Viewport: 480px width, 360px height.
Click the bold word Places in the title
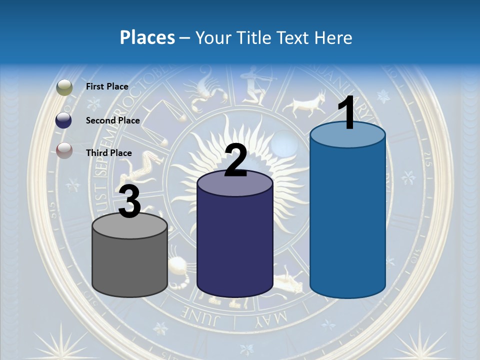[147, 37]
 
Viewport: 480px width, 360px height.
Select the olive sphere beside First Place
[64, 87]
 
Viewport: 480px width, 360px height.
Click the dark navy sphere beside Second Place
[64, 120]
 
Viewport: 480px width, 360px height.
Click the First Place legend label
[107, 86]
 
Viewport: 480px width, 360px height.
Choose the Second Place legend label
[112, 120]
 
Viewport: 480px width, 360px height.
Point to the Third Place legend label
[108, 152]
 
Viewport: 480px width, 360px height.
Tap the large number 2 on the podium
[236, 161]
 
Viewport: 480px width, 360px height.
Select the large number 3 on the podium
[129, 202]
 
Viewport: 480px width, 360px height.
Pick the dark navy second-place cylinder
[234, 240]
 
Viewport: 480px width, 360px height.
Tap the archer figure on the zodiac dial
[256, 85]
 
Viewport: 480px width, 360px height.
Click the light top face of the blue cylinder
[347, 134]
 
